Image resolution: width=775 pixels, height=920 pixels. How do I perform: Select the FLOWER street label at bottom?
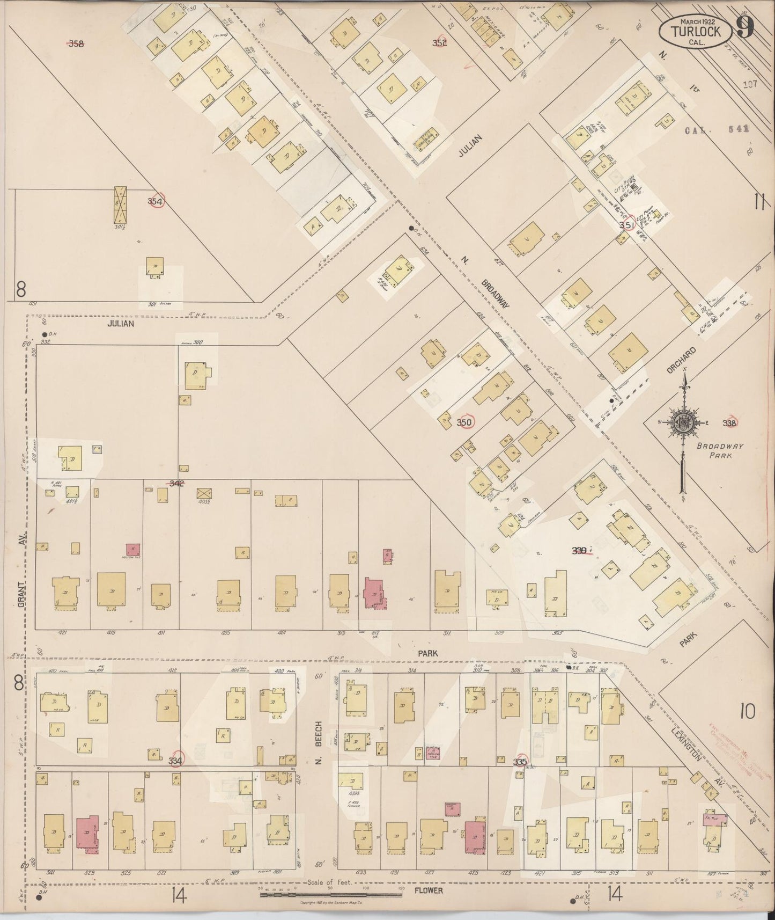429,890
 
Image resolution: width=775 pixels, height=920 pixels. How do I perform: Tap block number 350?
464,422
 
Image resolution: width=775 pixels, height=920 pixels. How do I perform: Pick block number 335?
520,761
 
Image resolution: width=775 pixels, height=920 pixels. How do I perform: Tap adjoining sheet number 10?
747,712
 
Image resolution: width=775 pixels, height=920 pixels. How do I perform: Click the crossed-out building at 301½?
121,205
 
